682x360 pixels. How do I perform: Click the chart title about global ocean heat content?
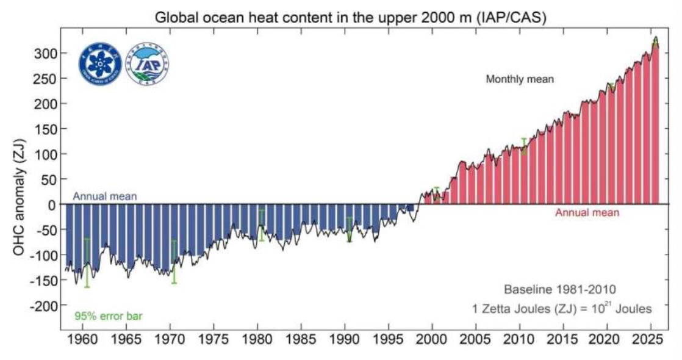tap(350, 17)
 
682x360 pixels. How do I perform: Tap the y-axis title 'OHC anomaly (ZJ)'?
tap(20, 180)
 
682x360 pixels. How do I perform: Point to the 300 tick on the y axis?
tap(45, 54)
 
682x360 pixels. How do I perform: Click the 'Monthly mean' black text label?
tap(519, 79)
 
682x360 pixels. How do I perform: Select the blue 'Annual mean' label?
tap(104, 196)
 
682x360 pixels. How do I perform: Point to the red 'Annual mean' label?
tap(587, 213)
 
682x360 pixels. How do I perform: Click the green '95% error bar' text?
tap(108, 316)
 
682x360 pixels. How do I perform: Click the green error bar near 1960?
tap(87, 262)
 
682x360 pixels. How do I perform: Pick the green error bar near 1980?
tap(262, 225)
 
